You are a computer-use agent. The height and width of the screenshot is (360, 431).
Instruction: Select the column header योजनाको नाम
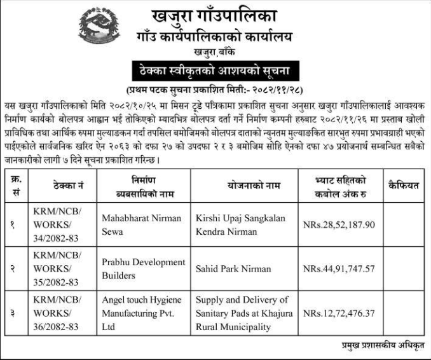click(246, 185)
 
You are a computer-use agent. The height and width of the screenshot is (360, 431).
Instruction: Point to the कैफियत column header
click(403, 185)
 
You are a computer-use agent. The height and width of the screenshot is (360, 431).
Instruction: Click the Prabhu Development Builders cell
click(144, 268)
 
